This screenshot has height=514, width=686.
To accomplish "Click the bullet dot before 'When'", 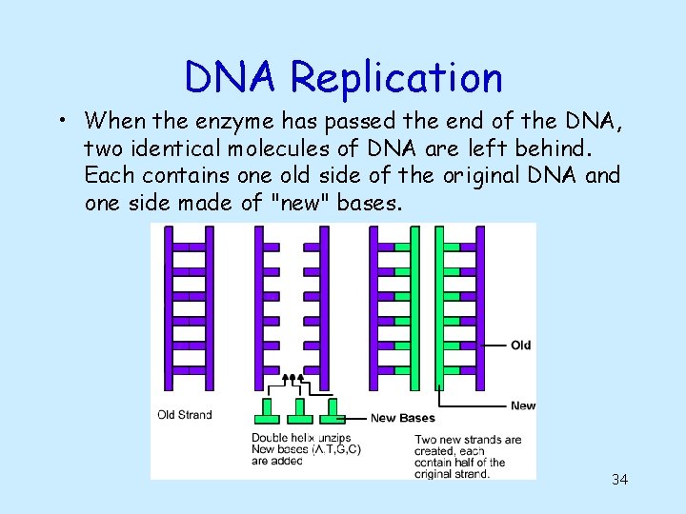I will pos(60,122).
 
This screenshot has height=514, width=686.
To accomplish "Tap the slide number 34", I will pos(619,479).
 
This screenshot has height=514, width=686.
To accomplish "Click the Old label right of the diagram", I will pos(520,345).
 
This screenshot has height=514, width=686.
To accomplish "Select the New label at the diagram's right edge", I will pos(523,405).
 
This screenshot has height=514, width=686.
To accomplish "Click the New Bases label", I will pos(402,418).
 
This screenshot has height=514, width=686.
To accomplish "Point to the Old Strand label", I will pos(185,414).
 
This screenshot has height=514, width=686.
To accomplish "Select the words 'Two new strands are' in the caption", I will pos(468,440).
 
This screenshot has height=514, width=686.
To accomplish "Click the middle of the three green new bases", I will pos(300,412).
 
